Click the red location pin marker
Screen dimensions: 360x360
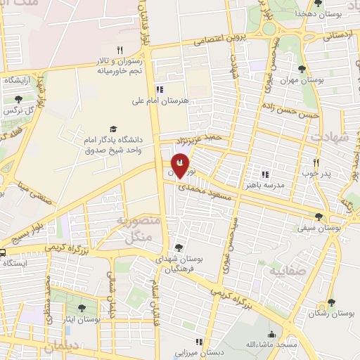[x=179, y=165]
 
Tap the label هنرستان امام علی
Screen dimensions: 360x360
[x=161, y=101]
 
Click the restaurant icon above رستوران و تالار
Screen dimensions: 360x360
[x=120, y=49]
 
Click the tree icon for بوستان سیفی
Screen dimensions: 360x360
[x=319, y=217]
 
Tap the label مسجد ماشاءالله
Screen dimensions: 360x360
[x=272, y=344]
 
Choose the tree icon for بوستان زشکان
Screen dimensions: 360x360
[x=331, y=302]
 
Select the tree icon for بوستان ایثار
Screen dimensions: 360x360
[x=81, y=307]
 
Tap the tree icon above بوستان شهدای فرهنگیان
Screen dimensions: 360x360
[x=179, y=247]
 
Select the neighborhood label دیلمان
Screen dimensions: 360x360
[x=62, y=347]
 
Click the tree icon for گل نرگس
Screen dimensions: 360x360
[x=18, y=99]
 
